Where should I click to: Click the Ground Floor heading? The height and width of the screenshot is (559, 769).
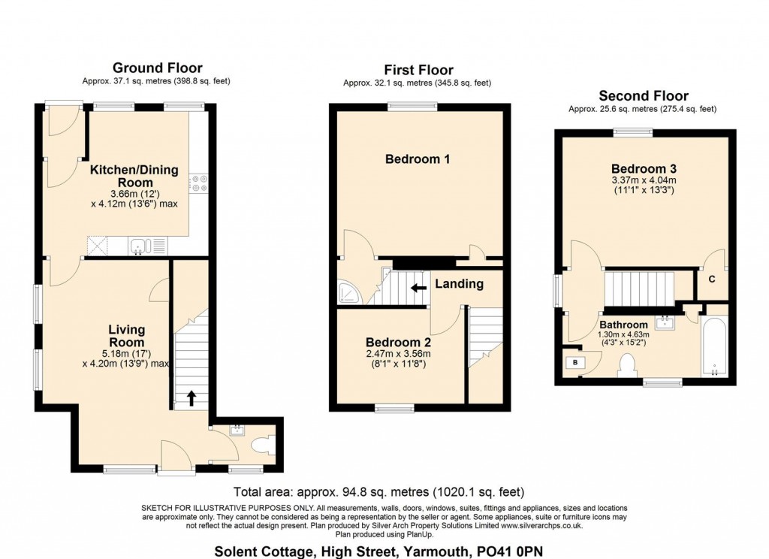(x=157, y=68)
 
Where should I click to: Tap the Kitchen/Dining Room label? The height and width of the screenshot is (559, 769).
(x=134, y=176)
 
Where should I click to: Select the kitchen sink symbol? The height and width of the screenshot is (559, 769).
(x=140, y=245)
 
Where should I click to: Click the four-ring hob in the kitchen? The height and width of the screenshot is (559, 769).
(x=199, y=183)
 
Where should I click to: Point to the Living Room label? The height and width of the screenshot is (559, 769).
(x=126, y=336)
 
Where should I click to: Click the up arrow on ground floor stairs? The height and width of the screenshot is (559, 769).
(x=191, y=397)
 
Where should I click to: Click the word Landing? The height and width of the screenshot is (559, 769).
(x=459, y=284)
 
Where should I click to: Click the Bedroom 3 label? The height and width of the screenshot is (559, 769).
(x=638, y=168)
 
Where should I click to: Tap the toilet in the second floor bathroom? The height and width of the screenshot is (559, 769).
(x=626, y=366)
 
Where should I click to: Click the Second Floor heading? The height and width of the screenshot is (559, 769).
(x=643, y=96)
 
